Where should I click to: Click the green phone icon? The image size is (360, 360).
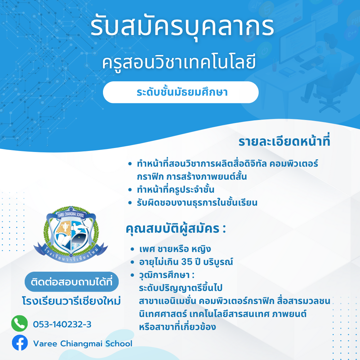point(20,323)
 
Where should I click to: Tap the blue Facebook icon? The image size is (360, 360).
point(20,343)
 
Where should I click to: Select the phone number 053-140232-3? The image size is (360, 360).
point(62,324)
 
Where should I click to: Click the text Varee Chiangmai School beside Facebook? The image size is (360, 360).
point(83,344)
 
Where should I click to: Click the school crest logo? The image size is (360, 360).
point(71,234)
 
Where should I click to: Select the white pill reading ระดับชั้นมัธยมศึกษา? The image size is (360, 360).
point(181,92)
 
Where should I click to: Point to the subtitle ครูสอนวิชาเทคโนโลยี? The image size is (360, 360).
point(179,62)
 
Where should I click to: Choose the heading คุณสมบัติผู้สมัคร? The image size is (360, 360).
point(176,229)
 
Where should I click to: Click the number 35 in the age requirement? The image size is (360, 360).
point(187,262)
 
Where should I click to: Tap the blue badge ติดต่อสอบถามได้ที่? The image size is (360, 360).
point(72,282)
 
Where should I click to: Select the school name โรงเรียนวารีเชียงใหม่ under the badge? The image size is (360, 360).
point(71,301)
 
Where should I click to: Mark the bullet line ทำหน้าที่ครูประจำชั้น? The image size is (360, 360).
point(176,190)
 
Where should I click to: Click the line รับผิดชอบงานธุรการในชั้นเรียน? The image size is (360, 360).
point(197,203)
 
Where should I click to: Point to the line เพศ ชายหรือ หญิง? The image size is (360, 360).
point(175,249)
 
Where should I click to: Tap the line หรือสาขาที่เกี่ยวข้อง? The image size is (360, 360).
point(177,327)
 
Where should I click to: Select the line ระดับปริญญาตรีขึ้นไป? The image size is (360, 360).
point(181,288)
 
